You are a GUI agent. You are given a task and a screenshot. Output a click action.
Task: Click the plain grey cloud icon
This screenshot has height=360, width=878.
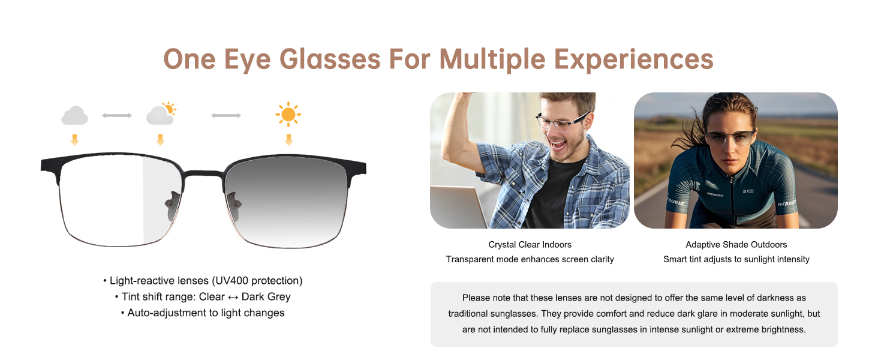coord(74,116)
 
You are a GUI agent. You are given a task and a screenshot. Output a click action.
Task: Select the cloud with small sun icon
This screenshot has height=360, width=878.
coord(161,114)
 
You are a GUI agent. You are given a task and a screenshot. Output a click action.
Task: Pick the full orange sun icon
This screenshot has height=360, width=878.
coord(288,114)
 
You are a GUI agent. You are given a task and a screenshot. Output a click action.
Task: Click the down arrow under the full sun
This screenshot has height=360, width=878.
coord(288,140)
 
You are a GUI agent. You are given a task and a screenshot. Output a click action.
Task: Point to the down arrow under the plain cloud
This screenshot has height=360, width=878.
coord(74,140)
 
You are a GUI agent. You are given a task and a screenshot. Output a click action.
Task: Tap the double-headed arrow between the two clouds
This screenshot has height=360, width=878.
coord(117,115)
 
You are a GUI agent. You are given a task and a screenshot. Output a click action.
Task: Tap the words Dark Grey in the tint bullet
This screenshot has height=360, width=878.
coord(266,296)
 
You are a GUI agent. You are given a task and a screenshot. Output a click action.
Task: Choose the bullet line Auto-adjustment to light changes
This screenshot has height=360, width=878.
coord(206,313)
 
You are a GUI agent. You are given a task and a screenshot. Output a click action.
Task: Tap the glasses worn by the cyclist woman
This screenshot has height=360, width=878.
coord(729,137)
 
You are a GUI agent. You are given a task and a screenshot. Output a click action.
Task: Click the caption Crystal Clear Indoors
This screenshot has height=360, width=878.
coord(530,245)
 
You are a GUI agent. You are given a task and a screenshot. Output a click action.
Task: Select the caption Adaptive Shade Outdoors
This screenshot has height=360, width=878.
coord(736,245)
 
